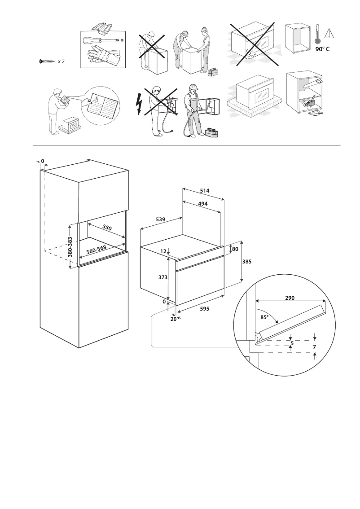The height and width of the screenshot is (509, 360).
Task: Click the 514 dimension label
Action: [205, 191]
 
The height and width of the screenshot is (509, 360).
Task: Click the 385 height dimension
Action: [247, 262]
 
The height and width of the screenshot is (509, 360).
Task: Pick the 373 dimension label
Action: [162, 278]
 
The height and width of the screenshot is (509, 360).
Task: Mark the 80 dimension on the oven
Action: [235, 249]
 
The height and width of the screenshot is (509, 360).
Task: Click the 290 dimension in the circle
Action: [290, 297]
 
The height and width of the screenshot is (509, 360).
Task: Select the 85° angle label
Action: [264, 317]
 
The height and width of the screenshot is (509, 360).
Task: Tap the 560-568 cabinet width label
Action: [97, 249]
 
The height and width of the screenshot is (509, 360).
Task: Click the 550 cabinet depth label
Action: [107, 228]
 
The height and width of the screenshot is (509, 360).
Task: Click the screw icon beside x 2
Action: [47, 61]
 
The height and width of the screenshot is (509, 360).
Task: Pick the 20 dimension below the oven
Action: [173, 319]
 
